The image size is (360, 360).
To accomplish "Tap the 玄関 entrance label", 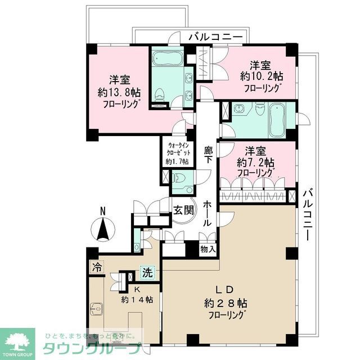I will click(x=182, y=210).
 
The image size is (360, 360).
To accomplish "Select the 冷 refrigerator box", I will click(x=97, y=268).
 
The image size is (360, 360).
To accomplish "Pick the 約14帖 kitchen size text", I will click(x=137, y=299).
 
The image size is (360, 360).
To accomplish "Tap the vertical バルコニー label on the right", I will click(x=308, y=214).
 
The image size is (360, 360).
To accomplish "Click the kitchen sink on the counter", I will click(x=97, y=309).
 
